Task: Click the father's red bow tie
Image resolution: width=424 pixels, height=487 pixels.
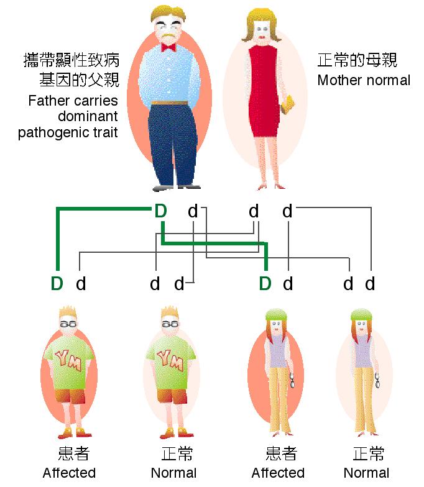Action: point(168,47)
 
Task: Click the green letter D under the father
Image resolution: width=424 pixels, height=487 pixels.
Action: point(160,212)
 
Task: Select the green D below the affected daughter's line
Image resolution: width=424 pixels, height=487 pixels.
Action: point(265,284)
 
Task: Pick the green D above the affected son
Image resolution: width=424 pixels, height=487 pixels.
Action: point(57,284)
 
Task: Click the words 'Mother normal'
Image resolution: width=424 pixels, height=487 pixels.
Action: point(364,80)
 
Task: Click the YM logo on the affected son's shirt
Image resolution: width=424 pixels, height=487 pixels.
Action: point(69,358)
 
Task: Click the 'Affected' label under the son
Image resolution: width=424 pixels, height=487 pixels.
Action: point(69,473)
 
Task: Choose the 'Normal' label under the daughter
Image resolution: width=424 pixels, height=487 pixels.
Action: point(366,473)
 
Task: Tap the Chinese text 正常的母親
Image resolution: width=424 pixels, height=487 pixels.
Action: point(357,60)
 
